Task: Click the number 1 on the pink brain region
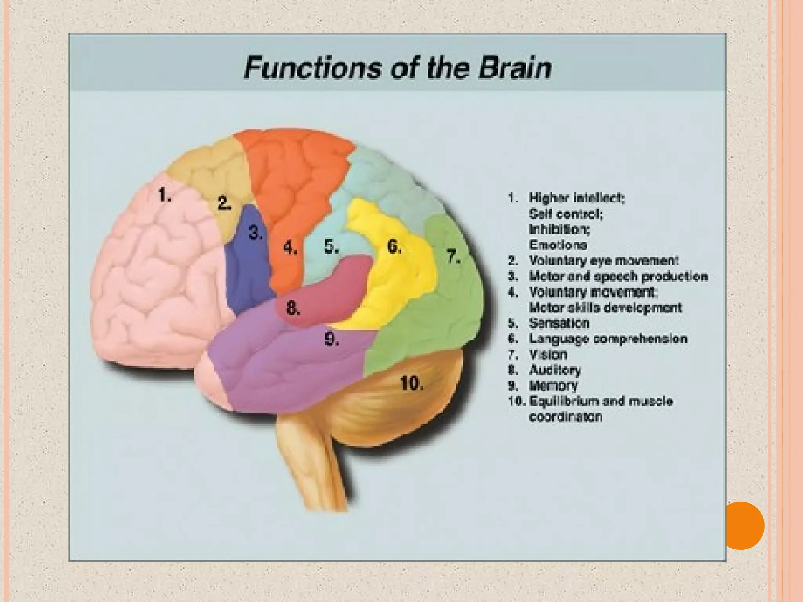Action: [164, 195]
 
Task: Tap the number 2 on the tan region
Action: [224, 203]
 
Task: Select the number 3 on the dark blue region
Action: [256, 233]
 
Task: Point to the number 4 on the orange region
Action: [290, 247]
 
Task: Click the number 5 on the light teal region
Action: [331, 247]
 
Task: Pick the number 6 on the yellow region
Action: [394, 246]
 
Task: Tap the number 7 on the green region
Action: [454, 257]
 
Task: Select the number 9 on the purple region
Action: [332, 339]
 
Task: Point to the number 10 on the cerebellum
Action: [412, 383]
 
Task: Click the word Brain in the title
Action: [515, 68]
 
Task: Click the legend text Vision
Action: [548, 355]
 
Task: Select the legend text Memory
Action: [553, 386]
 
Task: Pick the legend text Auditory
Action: [555, 370]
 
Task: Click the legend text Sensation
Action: [559, 323]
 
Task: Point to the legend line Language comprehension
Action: [608, 339]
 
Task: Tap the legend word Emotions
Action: [558, 245]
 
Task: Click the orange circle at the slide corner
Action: [741, 526]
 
